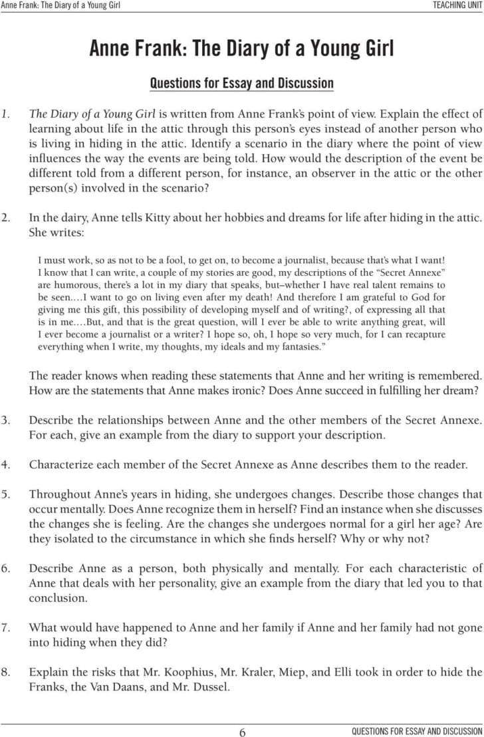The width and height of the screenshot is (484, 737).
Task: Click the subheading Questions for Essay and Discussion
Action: click(x=242, y=84)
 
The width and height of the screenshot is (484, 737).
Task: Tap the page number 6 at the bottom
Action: click(x=242, y=730)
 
